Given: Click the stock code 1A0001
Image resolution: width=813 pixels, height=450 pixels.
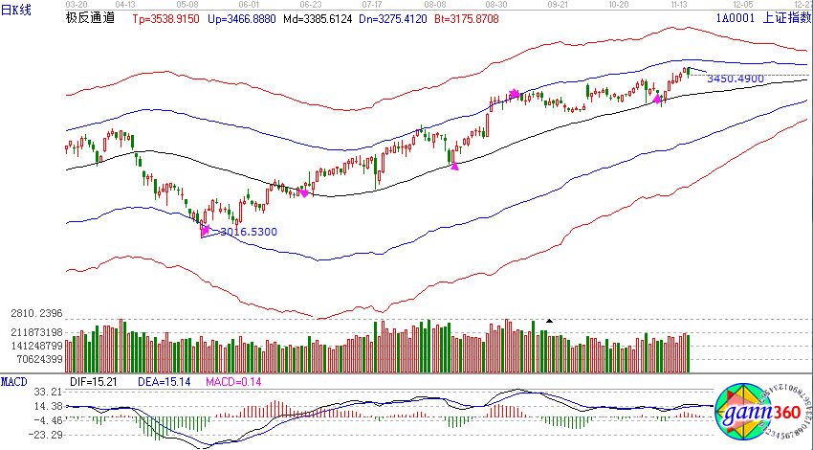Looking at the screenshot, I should click(732, 17).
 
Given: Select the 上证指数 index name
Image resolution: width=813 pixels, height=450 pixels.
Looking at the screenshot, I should click(785, 17).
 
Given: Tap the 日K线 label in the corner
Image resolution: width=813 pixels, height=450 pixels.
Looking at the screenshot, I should click(16, 9).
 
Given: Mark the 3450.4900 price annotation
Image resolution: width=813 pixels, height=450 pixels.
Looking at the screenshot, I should click(735, 79).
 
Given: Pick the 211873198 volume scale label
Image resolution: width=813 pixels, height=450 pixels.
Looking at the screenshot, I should click(32, 333).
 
